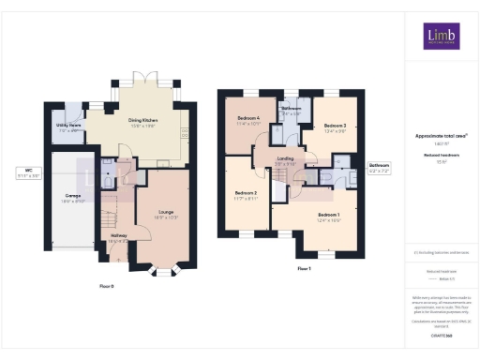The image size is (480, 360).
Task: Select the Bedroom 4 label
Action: pos(248,119)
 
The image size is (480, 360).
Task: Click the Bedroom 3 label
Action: pos(336,127)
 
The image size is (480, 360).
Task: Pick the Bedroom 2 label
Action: pos(246,195)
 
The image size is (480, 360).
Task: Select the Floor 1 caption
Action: pos(303,268)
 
